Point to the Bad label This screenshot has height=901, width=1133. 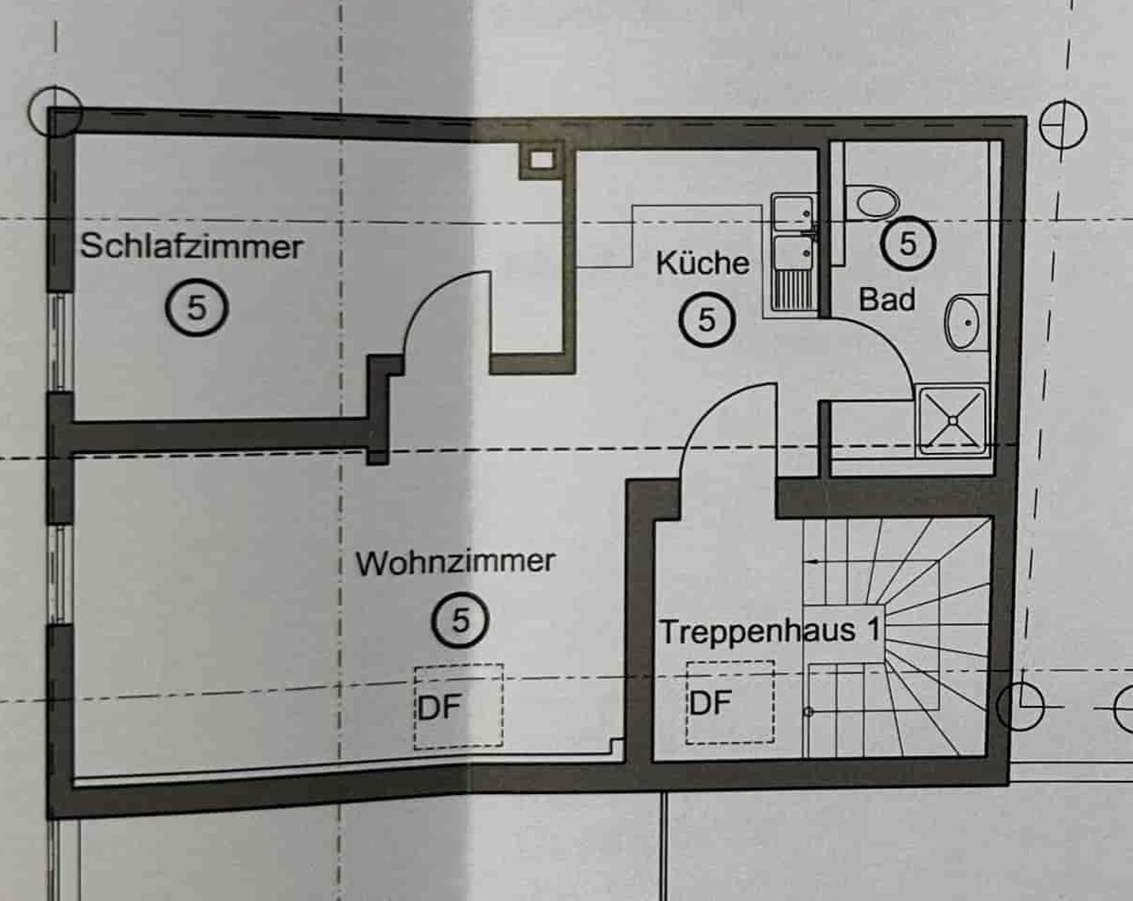(x=887, y=300)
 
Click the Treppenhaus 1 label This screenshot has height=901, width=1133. (x=770, y=631)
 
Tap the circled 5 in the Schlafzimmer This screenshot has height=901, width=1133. (x=197, y=308)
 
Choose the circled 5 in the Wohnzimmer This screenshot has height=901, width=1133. (x=460, y=621)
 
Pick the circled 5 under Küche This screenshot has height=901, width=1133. (x=706, y=319)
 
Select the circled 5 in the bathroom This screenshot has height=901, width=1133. (x=908, y=243)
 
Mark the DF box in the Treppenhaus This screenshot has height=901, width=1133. (x=730, y=702)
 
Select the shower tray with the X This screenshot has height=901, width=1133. (x=952, y=420)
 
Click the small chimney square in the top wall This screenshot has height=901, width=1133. (x=541, y=159)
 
